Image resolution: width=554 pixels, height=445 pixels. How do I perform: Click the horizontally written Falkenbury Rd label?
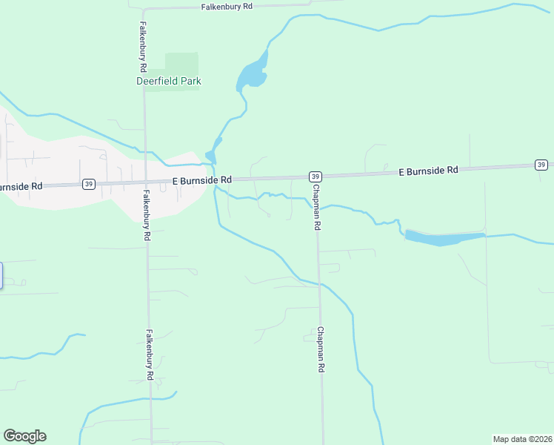click(x=227, y=6)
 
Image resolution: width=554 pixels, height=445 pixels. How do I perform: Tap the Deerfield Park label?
click(x=169, y=81)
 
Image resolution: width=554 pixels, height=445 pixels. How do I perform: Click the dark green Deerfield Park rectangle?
click(x=181, y=62)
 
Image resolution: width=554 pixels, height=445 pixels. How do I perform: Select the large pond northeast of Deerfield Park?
click(x=251, y=75)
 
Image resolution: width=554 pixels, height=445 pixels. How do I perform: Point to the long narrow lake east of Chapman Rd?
click(x=444, y=238)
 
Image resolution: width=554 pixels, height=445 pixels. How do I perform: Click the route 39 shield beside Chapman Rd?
click(x=316, y=177)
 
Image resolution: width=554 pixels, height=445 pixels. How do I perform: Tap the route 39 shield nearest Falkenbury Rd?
click(x=89, y=184)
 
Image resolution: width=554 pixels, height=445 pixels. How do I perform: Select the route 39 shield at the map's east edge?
click(x=541, y=165)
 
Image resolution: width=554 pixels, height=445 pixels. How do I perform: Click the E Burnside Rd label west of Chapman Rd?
click(x=202, y=180)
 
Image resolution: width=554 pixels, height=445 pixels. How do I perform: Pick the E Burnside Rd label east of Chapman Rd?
click(x=428, y=171)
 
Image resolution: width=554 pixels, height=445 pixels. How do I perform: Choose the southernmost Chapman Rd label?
click(x=321, y=349)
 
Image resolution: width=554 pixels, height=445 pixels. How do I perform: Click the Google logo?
click(x=24, y=436)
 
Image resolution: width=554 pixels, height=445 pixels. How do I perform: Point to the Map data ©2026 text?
click(x=523, y=438)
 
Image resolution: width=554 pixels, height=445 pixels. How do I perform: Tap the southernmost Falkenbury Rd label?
click(x=150, y=355)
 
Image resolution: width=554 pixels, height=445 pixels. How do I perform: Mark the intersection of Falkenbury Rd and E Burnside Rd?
click(x=145, y=182)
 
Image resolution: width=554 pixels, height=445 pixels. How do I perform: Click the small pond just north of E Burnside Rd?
click(x=210, y=156)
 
